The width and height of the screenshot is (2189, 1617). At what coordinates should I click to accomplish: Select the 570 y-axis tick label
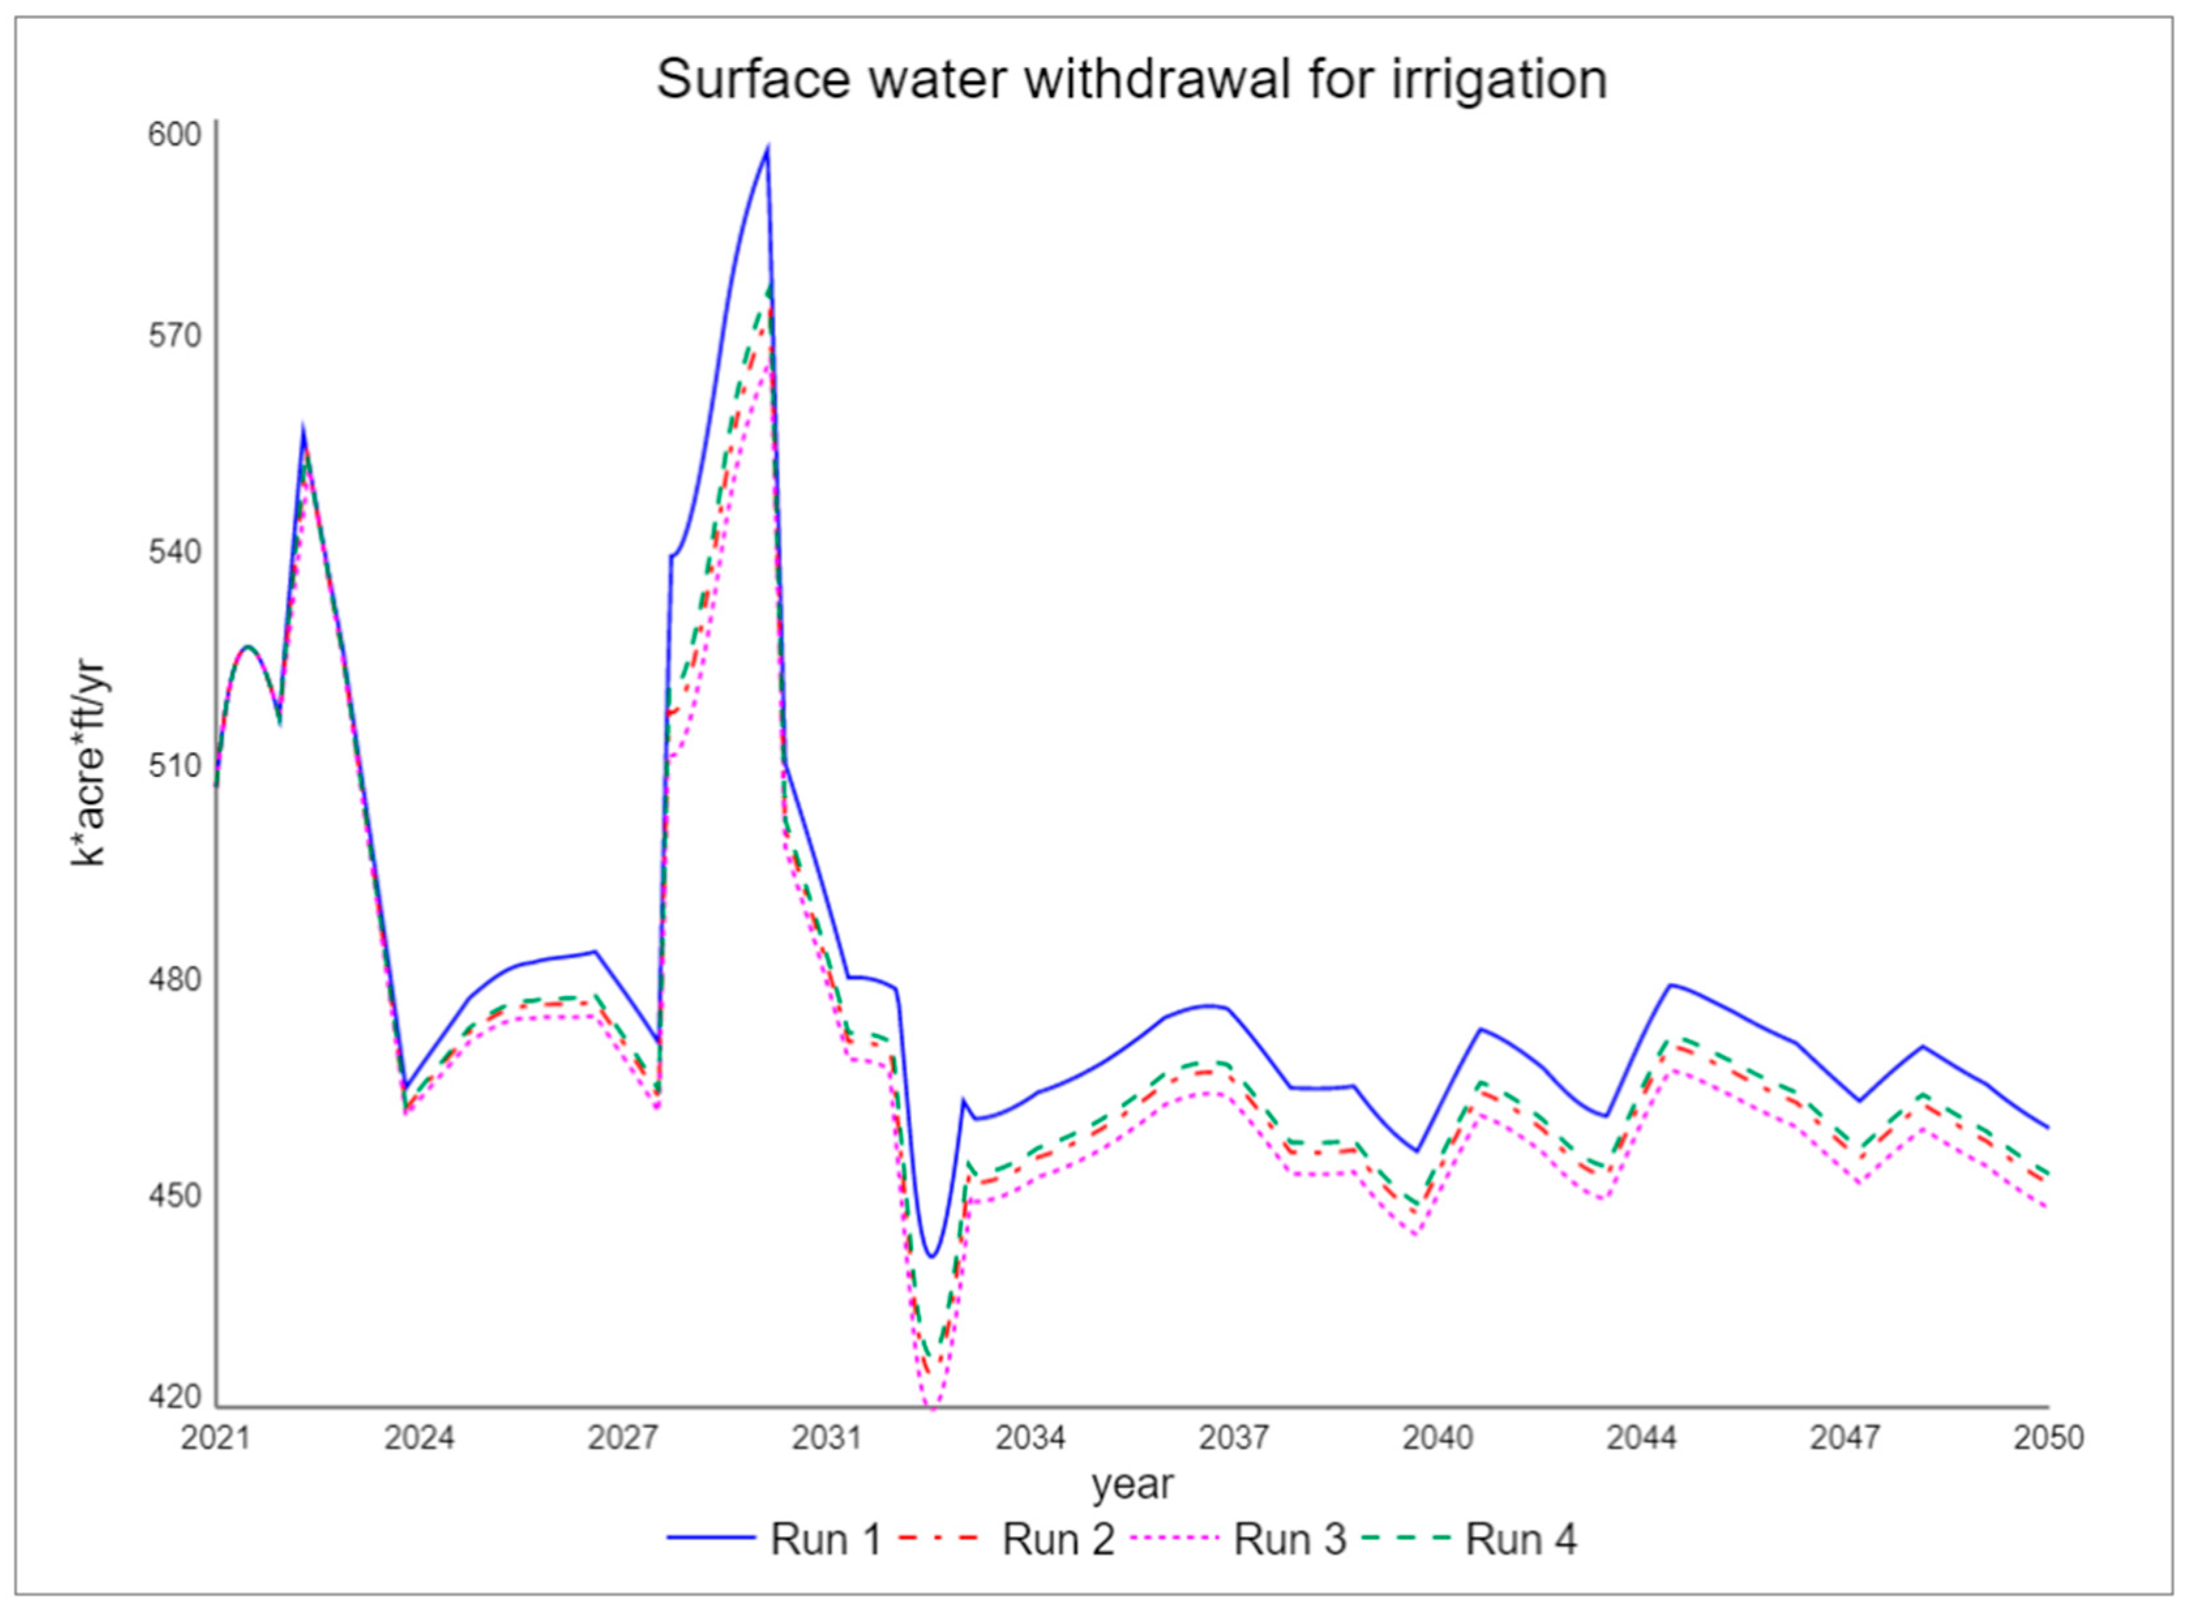tap(174, 336)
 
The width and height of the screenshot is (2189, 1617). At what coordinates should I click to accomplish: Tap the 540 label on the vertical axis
tap(174, 551)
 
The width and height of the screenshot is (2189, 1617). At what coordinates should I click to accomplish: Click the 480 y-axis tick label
tap(174, 980)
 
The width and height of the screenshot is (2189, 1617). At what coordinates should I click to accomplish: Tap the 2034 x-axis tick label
tap(1031, 1438)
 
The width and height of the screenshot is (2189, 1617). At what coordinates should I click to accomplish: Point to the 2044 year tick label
tap(1641, 1438)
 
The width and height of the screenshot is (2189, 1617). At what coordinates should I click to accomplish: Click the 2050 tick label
tap(2049, 1438)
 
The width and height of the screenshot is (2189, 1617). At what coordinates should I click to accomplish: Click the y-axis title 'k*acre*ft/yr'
tap(89, 763)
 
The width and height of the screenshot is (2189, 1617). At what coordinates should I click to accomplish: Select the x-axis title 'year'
tap(1132, 1485)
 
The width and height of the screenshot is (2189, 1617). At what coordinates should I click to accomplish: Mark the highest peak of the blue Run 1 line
tap(768, 149)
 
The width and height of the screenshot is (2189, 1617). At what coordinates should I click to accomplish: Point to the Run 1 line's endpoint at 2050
tap(2048, 1128)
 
